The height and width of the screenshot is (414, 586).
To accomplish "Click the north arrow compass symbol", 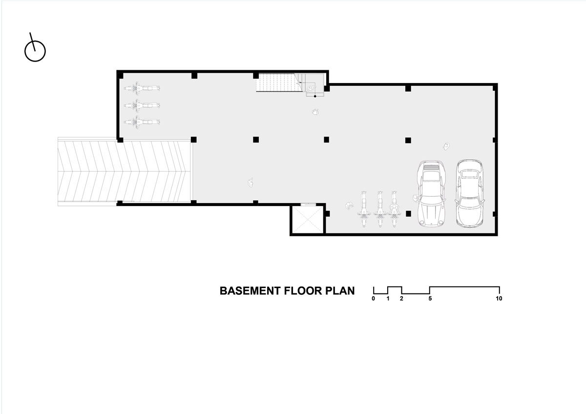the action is coord(35,51).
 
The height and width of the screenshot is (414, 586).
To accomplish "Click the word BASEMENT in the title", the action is coord(250,291).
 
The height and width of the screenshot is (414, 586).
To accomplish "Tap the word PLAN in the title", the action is coord(340,291).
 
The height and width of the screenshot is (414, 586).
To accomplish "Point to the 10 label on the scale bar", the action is coord(499,298).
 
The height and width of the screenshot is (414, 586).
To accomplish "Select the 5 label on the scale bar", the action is coord(430,298).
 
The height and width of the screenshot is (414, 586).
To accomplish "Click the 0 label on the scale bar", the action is coord(373,298).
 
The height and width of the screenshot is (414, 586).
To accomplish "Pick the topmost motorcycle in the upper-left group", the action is coord(142,88).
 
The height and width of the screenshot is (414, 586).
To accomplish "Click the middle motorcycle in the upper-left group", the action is coord(142,105).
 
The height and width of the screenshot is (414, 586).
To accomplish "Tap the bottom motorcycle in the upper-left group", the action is coord(142,122).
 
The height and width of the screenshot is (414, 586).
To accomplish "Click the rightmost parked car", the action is coord(470,193).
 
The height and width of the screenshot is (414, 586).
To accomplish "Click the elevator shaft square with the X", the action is coord(307,219).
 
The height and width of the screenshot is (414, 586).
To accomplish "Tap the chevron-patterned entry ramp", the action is coord(125,171).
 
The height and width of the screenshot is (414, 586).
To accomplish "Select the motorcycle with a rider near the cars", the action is coord(394,209).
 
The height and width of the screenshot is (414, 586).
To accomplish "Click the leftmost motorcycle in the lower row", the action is coord(364,209).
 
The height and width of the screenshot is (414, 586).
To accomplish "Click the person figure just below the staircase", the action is coord(315,112).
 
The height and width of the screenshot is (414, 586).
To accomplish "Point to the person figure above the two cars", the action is coord(446,146).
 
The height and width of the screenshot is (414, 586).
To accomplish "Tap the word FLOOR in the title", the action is coord(303,291).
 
